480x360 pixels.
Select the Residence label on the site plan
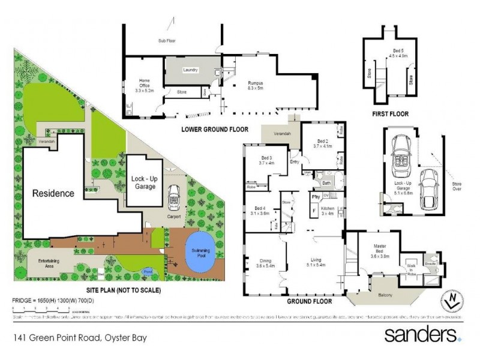click(x=53, y=193)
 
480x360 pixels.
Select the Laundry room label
click(x=190, y=70)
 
